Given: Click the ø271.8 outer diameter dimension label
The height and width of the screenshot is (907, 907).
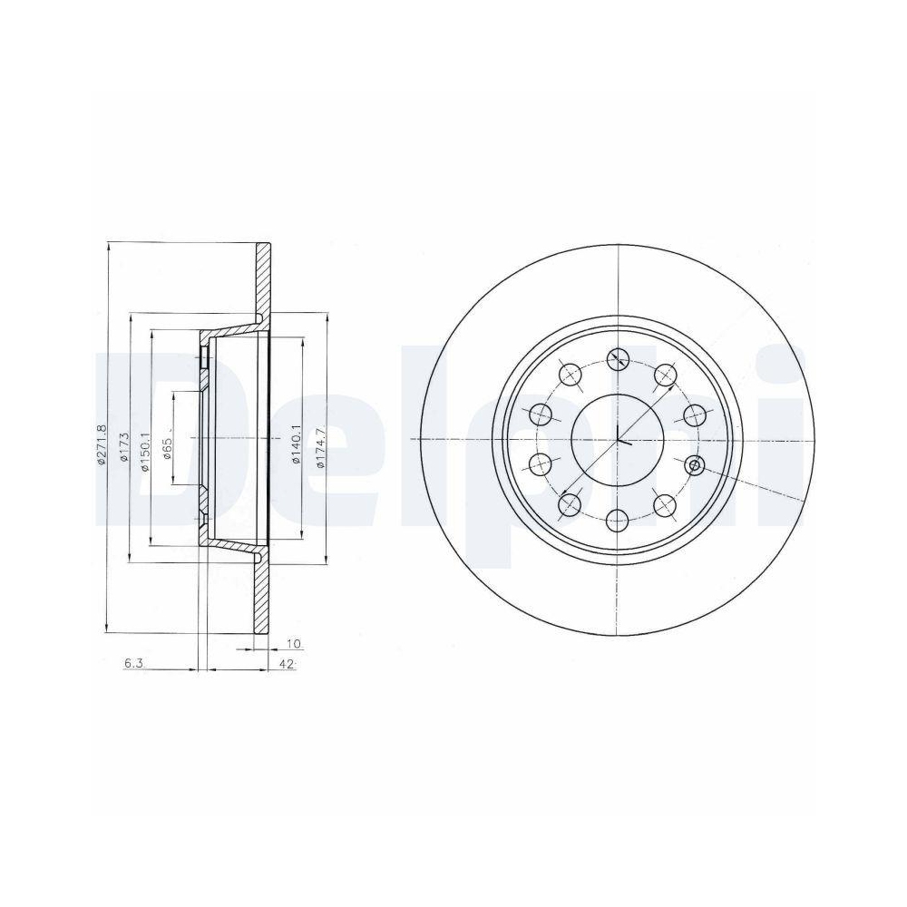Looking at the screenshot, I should pos(102,444).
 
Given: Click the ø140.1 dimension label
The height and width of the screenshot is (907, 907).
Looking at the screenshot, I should pos(297,444).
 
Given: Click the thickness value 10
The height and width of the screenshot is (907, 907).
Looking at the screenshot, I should pos(292,643).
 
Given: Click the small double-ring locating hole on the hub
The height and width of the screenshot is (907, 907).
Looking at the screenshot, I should pos(696,465).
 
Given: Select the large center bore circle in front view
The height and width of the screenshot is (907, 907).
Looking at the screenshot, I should pos(618,439).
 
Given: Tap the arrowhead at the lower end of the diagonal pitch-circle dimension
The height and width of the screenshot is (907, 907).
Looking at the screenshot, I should pos(565,498).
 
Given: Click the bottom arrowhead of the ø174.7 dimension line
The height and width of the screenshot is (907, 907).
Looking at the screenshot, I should pos(326,560).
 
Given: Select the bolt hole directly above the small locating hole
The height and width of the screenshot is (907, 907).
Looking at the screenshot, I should pos(695,414).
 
